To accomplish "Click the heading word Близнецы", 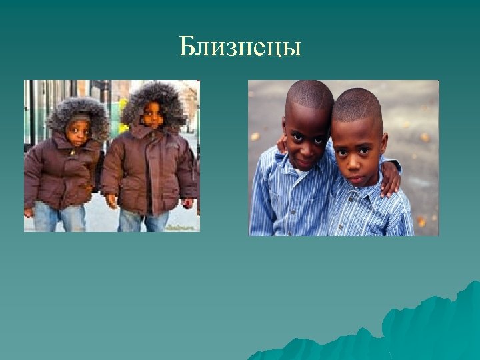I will tap(240, 47).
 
